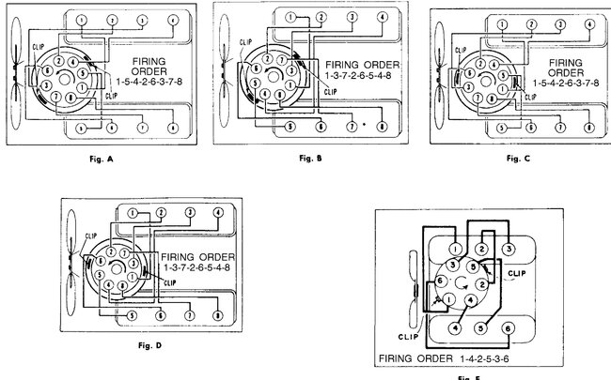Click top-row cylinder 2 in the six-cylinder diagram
click(x=481, y=248)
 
